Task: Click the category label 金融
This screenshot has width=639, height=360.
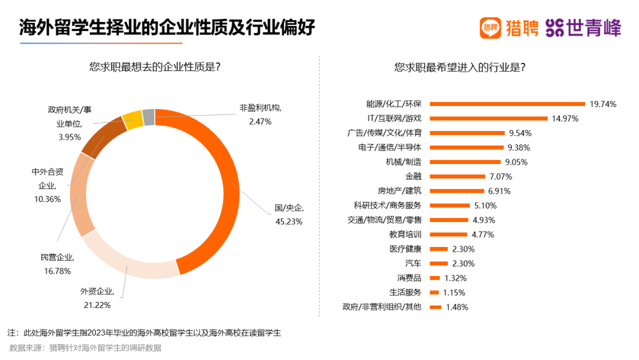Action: (413, 176)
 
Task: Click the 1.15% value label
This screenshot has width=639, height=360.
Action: (453, 292)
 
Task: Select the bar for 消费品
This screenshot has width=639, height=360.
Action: (435, 278)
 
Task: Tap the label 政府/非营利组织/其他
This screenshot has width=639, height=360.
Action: (382, 307)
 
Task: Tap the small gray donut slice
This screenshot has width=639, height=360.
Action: (149, 117)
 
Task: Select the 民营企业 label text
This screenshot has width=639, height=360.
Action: (56, 257)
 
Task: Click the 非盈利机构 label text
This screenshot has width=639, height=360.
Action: (260, 108)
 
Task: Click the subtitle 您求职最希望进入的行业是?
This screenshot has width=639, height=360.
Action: (460, 67)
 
